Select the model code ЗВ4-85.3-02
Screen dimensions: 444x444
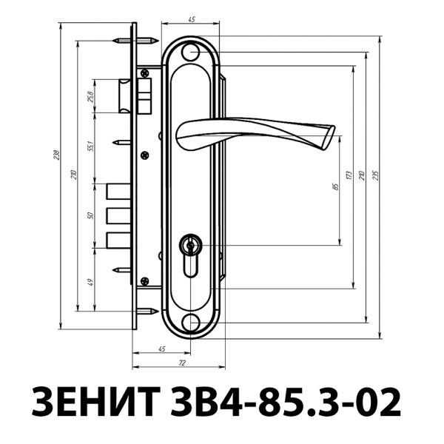(x=296, y=402)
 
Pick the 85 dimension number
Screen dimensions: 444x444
(x=335, y=186)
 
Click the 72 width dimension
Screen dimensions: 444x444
(x=181, y=363)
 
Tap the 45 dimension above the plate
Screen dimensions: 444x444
(x=192, y=19)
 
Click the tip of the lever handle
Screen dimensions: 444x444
(x=327, y=138)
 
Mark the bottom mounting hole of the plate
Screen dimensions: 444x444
(x=192, y=322)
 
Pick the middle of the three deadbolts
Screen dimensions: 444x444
(x=118, y=215)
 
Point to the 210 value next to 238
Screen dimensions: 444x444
(x=73, y=175)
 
